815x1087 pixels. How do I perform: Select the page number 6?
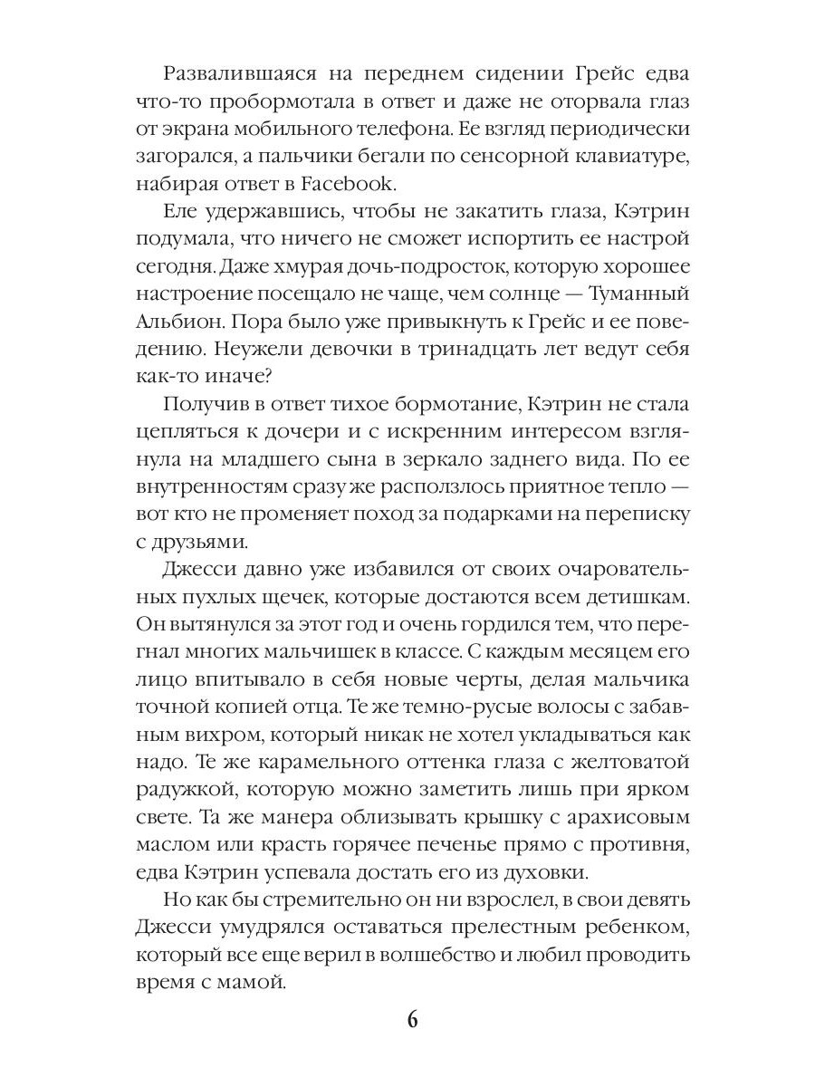[x=412, y=1019]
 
